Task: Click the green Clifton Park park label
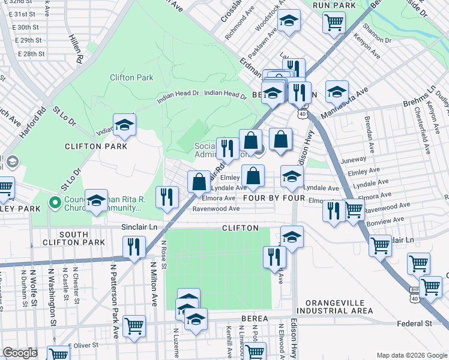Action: click(131, 77)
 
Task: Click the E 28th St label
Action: click(31, 54)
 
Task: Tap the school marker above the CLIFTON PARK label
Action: click(125, 124)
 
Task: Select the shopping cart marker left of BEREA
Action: click(134, 326)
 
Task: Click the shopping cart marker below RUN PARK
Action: click(334, 22)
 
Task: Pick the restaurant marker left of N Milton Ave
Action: click(133, 247)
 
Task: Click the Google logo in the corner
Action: click(20, 353)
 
